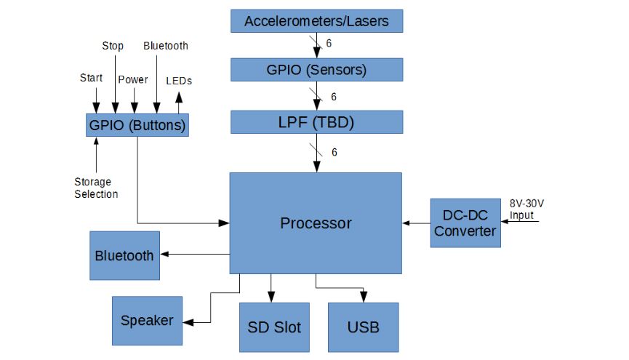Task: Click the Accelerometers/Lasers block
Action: pyautogui.click(x=316, y=21)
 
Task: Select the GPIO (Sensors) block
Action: pyautogui.click(x=316, y=69)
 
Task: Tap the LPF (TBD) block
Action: pyautogui.click(x=316, y=122)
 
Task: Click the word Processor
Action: pyautogui.click(x=316, y=223)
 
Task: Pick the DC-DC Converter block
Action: pyautogui.click(x=465, y=223)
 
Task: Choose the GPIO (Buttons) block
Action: pyautogui.click(x=137, y=125)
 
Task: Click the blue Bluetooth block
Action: pyautogui.click(x=124, y=255)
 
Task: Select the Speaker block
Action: pyautogui.click(x=147, y=321)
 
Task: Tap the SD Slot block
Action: pyautogui.click(x=274, y=327)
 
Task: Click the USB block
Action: pyautogui.click(x=364, y=327)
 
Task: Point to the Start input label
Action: pyautogui.click(x=91, y=78)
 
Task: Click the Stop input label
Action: pyautogui.click(x=113, y=46)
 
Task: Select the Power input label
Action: pyautogui.click(x=133, y=79)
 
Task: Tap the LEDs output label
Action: pyautogui.click(x=179, y=81)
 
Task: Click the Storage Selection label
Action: pyautogui.click(x=96, y=188)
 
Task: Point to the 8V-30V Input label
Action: pyautogui.click(x=526, y=209)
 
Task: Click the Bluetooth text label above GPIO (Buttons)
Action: pyautogui.click(x=166, y=46)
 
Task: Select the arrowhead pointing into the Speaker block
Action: pyautogui.click(x=188, y=322)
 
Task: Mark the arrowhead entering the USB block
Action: pyautogui.click(x=364, y=297)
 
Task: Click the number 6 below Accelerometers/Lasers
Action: pyautogui.click(x=329, y=44)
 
